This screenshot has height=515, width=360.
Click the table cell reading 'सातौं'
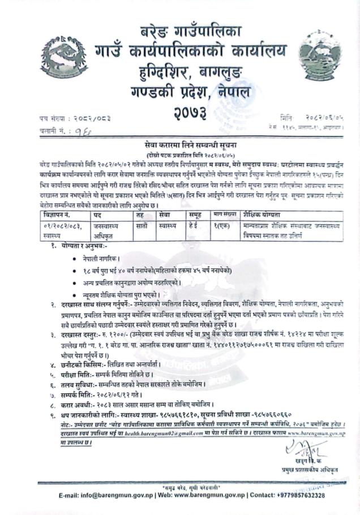(x=143, y=225)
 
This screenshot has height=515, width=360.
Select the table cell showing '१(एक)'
(x=221, y=225)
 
